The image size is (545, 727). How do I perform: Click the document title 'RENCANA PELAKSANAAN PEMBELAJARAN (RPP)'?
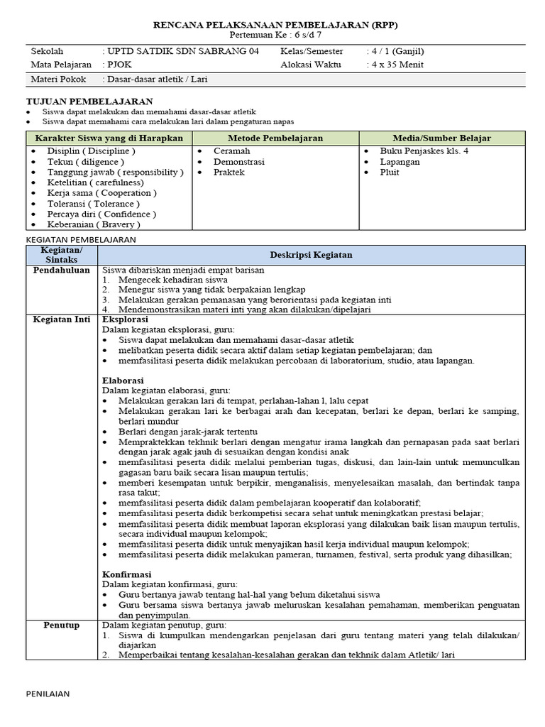pos(276,25)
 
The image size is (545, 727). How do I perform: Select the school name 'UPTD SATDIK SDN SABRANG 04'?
pos(184,52)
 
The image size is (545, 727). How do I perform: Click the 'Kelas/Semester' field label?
pos(312,52)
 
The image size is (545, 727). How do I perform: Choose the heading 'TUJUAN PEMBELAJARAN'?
pos(89,102)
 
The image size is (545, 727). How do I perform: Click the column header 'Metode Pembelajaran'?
pos(275,138)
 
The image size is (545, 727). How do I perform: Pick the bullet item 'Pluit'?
pos(390,173)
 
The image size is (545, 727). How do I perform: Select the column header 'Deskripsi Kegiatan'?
pos(311,255)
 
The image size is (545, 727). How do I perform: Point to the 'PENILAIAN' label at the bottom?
pos(48,694)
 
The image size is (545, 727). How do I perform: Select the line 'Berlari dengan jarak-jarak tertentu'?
pos(188,432)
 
